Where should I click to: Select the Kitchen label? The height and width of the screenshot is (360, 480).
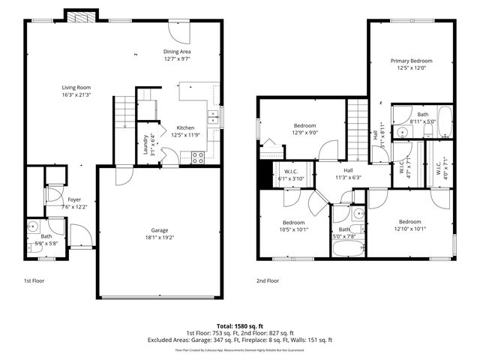185,127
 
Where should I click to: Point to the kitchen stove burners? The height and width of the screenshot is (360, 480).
199,157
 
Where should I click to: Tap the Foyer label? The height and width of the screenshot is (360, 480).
74,199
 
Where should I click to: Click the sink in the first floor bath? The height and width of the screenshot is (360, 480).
33,226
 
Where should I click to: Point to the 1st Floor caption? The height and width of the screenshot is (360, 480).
33,280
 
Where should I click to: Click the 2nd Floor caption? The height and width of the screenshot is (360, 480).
268,280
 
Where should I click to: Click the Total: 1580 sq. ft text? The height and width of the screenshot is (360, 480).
239,326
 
